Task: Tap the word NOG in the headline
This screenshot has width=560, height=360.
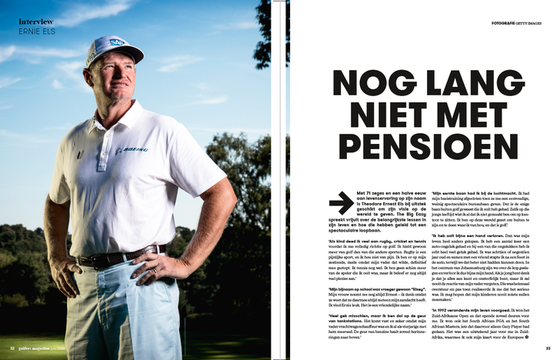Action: (x=365, y=82)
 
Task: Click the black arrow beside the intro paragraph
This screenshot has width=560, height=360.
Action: (x=341, y=203)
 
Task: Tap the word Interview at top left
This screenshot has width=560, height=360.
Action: (x=36, y=22)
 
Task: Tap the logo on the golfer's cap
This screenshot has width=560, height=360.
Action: (x=117, y=43)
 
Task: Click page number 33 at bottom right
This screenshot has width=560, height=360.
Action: (x=548, y=348)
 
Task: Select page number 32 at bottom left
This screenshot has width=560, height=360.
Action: (x=12, y=348)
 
